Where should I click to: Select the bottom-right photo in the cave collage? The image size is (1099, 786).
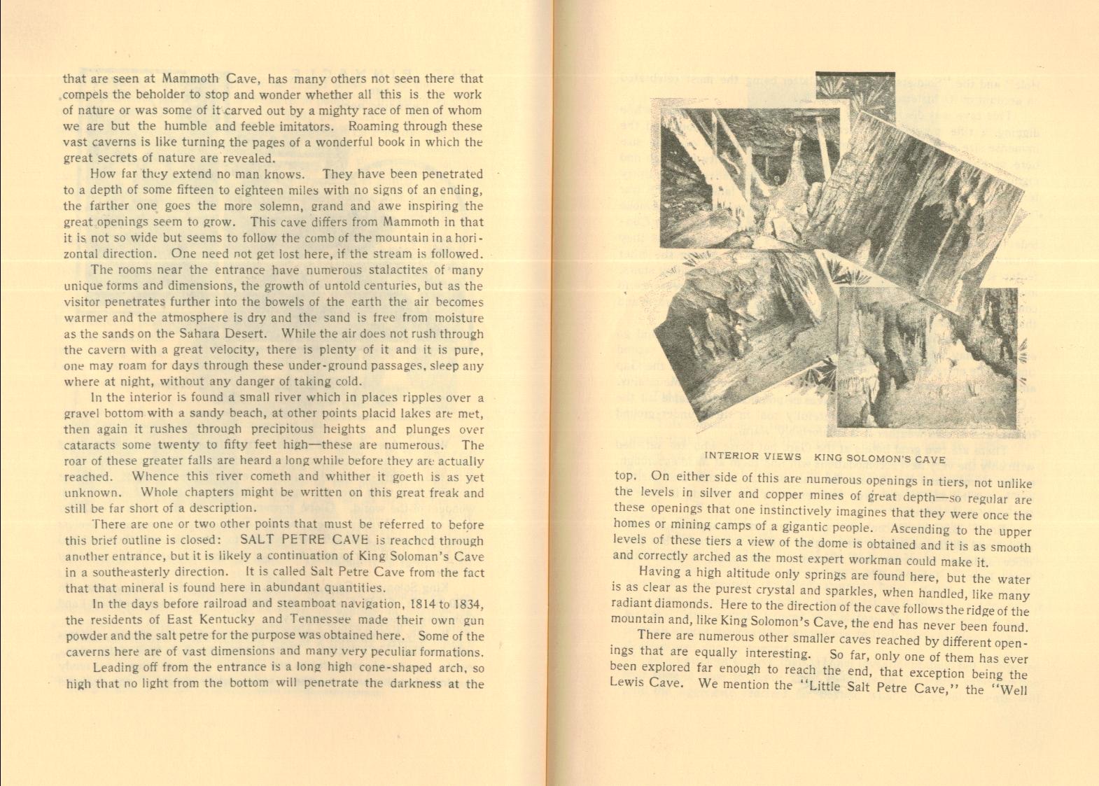pyautogui.click(x=927, y=357)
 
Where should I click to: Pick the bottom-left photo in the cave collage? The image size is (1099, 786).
pyautogui.click(x=742, y=322)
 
